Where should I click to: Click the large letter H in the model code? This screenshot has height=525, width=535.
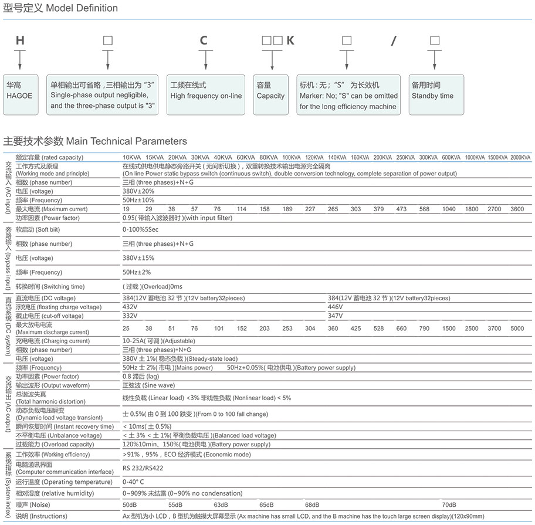pyautogui.click(x=20, y=40)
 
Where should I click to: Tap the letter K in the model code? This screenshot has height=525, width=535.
pyautogui.click(x=290, y=40)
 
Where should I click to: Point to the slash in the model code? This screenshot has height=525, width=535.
pyautogui.click(x=394, y=40)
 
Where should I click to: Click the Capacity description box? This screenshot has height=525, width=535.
pyautogui.click(x=270, y=90)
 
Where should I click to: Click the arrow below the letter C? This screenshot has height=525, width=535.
pyautogui.click(x=204, y=60)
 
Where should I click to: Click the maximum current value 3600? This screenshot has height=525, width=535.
pyautogui.click(x=517, y=209)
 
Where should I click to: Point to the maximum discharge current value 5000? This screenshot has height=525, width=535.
pyautogui.click(x=517, y=328)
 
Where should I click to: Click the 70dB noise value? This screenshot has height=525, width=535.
pyautogui.click(x=449, y=504)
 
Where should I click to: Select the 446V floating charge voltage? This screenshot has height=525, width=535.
pyautogui.click(x=336, y=307)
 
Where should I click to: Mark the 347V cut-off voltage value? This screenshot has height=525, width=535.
pyautogui.click(x=336, y=316)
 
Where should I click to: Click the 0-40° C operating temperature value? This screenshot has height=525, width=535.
pyautogui.click(x=134, y=482)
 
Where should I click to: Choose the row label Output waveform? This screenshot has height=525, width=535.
pyautogui.click(x=53, y=385)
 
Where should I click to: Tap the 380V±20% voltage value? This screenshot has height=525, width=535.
pyautogui.click(x=138, y=191)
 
